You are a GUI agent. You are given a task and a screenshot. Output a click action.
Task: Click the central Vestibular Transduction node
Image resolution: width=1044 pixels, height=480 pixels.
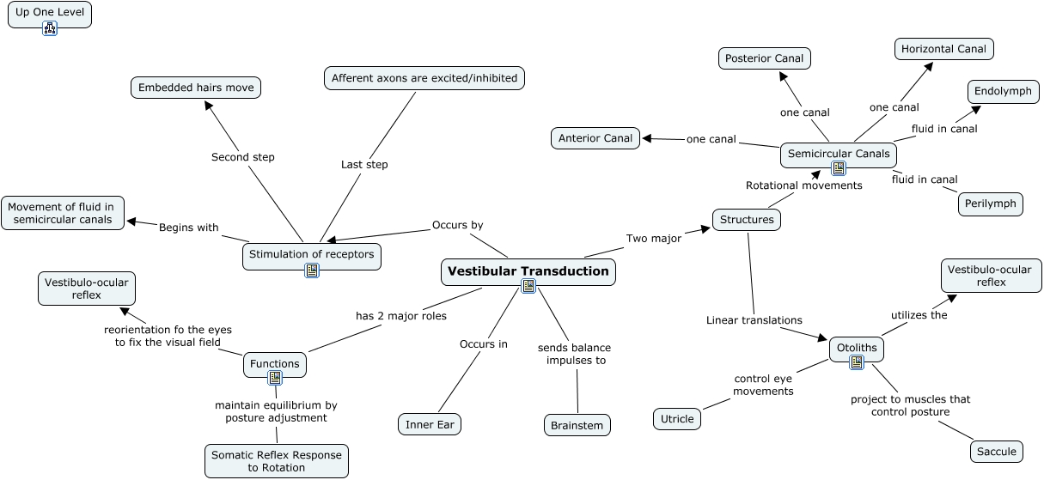(x=528, y=271)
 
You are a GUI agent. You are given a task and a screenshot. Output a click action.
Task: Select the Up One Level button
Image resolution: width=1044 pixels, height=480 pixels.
(x=50, y=13)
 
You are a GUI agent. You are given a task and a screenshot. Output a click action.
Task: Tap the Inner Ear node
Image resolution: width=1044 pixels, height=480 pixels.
(x=430, y=424)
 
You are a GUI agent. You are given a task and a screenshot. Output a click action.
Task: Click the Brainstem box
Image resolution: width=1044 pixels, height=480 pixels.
(x=577, y=425)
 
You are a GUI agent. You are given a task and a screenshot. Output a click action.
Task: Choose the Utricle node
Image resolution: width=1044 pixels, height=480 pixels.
(x=676, y=419)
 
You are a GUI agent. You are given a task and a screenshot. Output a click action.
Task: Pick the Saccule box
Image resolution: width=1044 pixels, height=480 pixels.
(x=997, y=451)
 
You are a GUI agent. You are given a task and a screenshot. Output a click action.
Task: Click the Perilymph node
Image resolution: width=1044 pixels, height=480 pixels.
(x=991, y=204)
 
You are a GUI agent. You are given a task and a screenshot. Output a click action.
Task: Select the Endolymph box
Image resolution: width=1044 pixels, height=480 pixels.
(x=1003, y=91)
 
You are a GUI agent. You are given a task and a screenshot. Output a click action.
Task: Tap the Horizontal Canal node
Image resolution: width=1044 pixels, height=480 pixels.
(x=943, y=49)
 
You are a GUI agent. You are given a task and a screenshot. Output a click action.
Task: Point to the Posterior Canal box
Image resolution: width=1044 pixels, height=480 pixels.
(x=764, y=58)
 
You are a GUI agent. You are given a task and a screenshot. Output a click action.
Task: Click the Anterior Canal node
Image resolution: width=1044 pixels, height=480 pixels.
(x=595, y=137)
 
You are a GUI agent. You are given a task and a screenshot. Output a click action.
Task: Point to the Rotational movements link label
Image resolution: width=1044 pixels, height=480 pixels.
(x=803, y=185)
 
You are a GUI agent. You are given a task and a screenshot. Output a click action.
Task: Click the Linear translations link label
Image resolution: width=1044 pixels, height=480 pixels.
(x=754, y=320)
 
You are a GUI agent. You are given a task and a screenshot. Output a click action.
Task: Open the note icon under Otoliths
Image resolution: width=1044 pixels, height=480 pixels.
(x=857, y=362)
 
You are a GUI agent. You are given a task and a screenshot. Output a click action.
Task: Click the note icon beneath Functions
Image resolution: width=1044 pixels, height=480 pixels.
(x=275, y=378)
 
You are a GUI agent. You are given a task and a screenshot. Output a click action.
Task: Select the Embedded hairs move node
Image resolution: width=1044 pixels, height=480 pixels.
(x=196, y=87)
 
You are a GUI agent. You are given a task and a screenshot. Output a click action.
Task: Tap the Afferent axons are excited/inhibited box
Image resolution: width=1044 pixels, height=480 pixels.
(x=424, y=78)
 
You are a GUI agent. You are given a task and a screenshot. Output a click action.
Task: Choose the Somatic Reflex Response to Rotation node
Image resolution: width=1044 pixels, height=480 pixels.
(x=277, y=461)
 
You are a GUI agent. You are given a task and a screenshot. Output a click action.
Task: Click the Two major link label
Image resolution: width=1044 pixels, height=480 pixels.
(x=653, y=239)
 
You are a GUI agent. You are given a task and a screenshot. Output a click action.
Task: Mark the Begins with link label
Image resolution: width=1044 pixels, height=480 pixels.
(x=188, y=228)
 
